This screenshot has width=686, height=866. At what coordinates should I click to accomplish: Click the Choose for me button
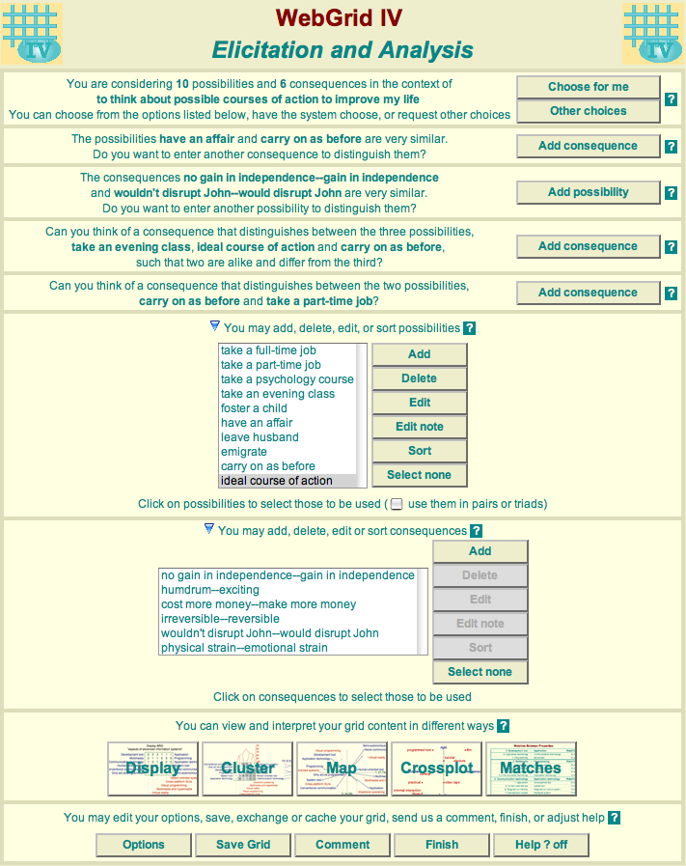pyautogui.click(x=588, y=87)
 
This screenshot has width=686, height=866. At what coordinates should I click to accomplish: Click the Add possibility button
pyautogui.click(x=588, y=192)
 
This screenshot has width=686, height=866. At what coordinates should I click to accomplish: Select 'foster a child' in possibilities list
pyautogui.click(x=255, y=408)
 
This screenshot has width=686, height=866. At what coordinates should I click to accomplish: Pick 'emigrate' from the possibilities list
pyautogui.click(x=243, y=452)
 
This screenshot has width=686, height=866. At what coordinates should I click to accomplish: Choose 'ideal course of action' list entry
pyautogui.click(x=276, y=481)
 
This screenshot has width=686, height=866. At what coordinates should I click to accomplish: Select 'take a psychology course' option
pyautogui.click(x=287, y=379)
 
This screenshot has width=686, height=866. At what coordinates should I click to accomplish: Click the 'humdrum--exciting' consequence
pyautogui.click(x=210, y=590)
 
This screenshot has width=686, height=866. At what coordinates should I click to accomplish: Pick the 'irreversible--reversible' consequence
pyautogui.click(x=220, y=619)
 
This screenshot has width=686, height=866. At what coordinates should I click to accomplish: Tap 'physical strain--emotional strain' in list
pyautogui.click(x=244, y=648)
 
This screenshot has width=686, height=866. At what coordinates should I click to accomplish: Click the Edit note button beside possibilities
pyautogui.click(x=419, y=427)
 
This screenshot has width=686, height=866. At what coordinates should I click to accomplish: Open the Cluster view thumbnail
pyautogui.click(x=248, y=768)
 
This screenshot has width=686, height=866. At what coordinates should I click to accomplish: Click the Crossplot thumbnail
pyautogui.click(x=437, y=768)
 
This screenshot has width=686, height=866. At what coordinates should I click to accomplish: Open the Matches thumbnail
pyautogui.click(x=531, y=768)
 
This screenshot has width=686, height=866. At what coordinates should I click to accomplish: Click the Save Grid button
pyautogui.click(x=243, y=845)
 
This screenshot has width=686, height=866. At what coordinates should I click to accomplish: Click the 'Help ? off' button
pyautogui.click(x=540, y=845)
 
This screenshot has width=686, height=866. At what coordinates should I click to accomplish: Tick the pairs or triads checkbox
pyautogui.click(x=397, y=504)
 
